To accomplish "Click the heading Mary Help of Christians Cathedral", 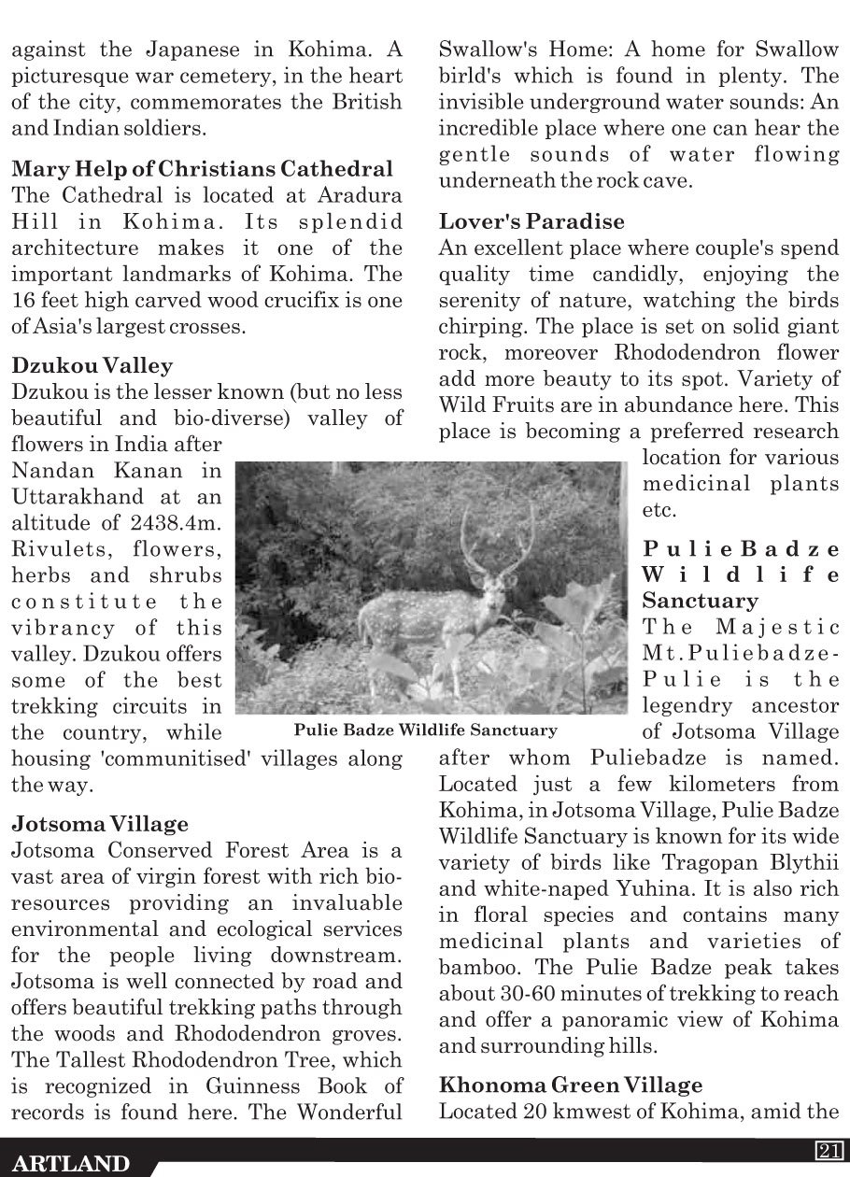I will tap(202, 170).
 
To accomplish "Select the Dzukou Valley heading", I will tap(92, 365).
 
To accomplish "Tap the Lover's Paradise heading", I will tap(531, 222).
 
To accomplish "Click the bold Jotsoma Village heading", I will tap(100, 824).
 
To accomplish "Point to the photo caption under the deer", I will tap(425, 730).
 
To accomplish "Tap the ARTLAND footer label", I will tap(72, 1164).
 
